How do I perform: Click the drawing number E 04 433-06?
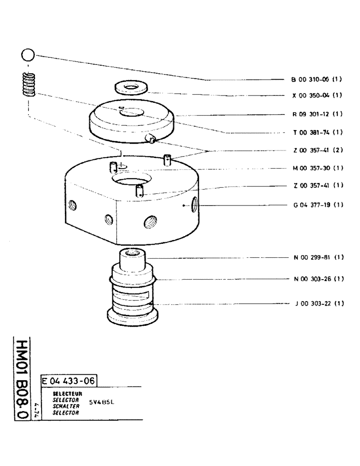pos(69,381)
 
